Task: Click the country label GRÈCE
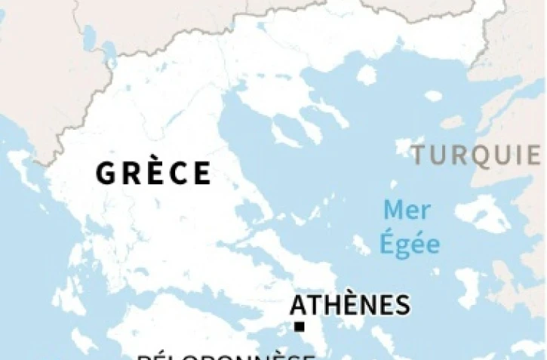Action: click(153, 173)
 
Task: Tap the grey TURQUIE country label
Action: click(476, 155)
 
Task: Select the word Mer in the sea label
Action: click(404, 210)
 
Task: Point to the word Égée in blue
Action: click(410, 244)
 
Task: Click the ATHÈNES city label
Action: click(350, 305)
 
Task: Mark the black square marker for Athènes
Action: click(300, 327)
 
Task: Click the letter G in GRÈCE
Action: click(106, 173)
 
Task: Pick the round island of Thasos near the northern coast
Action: click(367, 75)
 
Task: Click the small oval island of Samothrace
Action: click(433, 96)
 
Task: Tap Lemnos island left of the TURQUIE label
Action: click(408, 146)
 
